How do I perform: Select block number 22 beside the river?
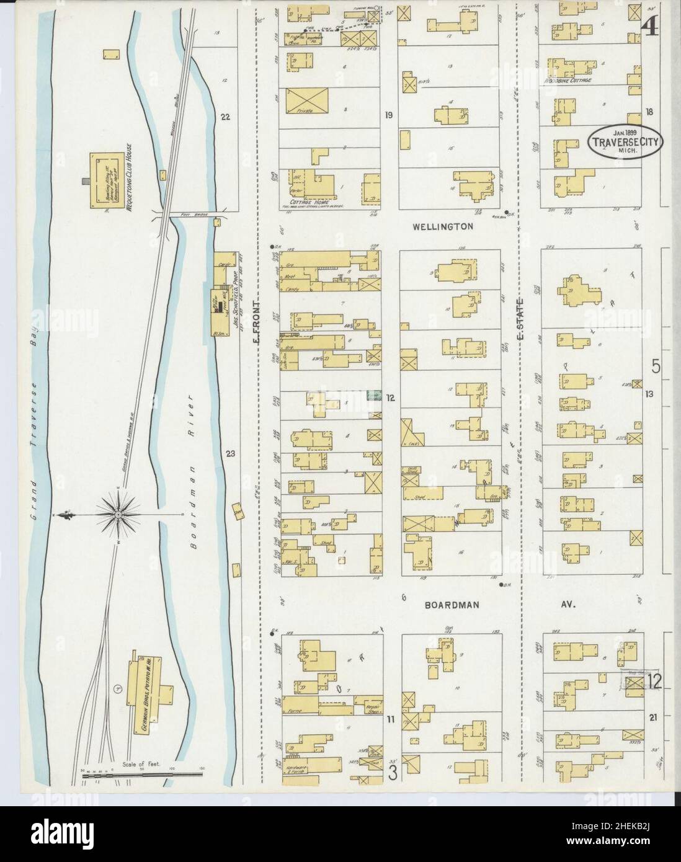pos(225,115)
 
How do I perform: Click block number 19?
pos(389,115)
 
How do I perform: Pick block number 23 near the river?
pos(230,455)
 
